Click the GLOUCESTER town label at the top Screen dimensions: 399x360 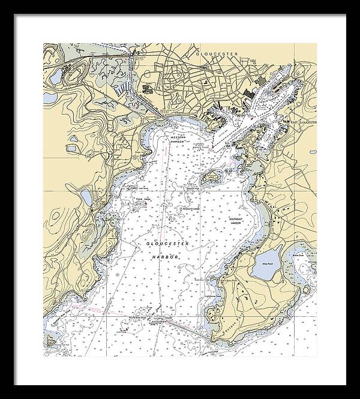tap(217, 53)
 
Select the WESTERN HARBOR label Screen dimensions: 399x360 tap(178, 139)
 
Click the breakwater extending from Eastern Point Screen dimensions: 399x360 tap(182, 327)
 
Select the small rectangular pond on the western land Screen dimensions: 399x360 tap(72, 146)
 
